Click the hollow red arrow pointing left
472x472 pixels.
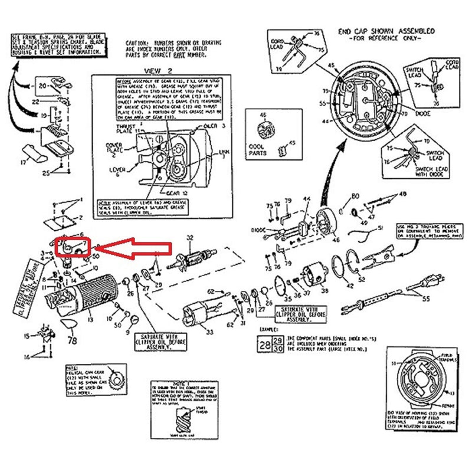click(x=133, y=249)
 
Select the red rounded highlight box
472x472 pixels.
click(x=73, y=247)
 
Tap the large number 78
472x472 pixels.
click(x=73, y=340)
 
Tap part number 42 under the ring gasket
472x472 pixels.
click(x=350, y=286)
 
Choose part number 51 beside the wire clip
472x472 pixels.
click(x=381, y=227)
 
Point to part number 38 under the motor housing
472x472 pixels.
click(x=324, y=291)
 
